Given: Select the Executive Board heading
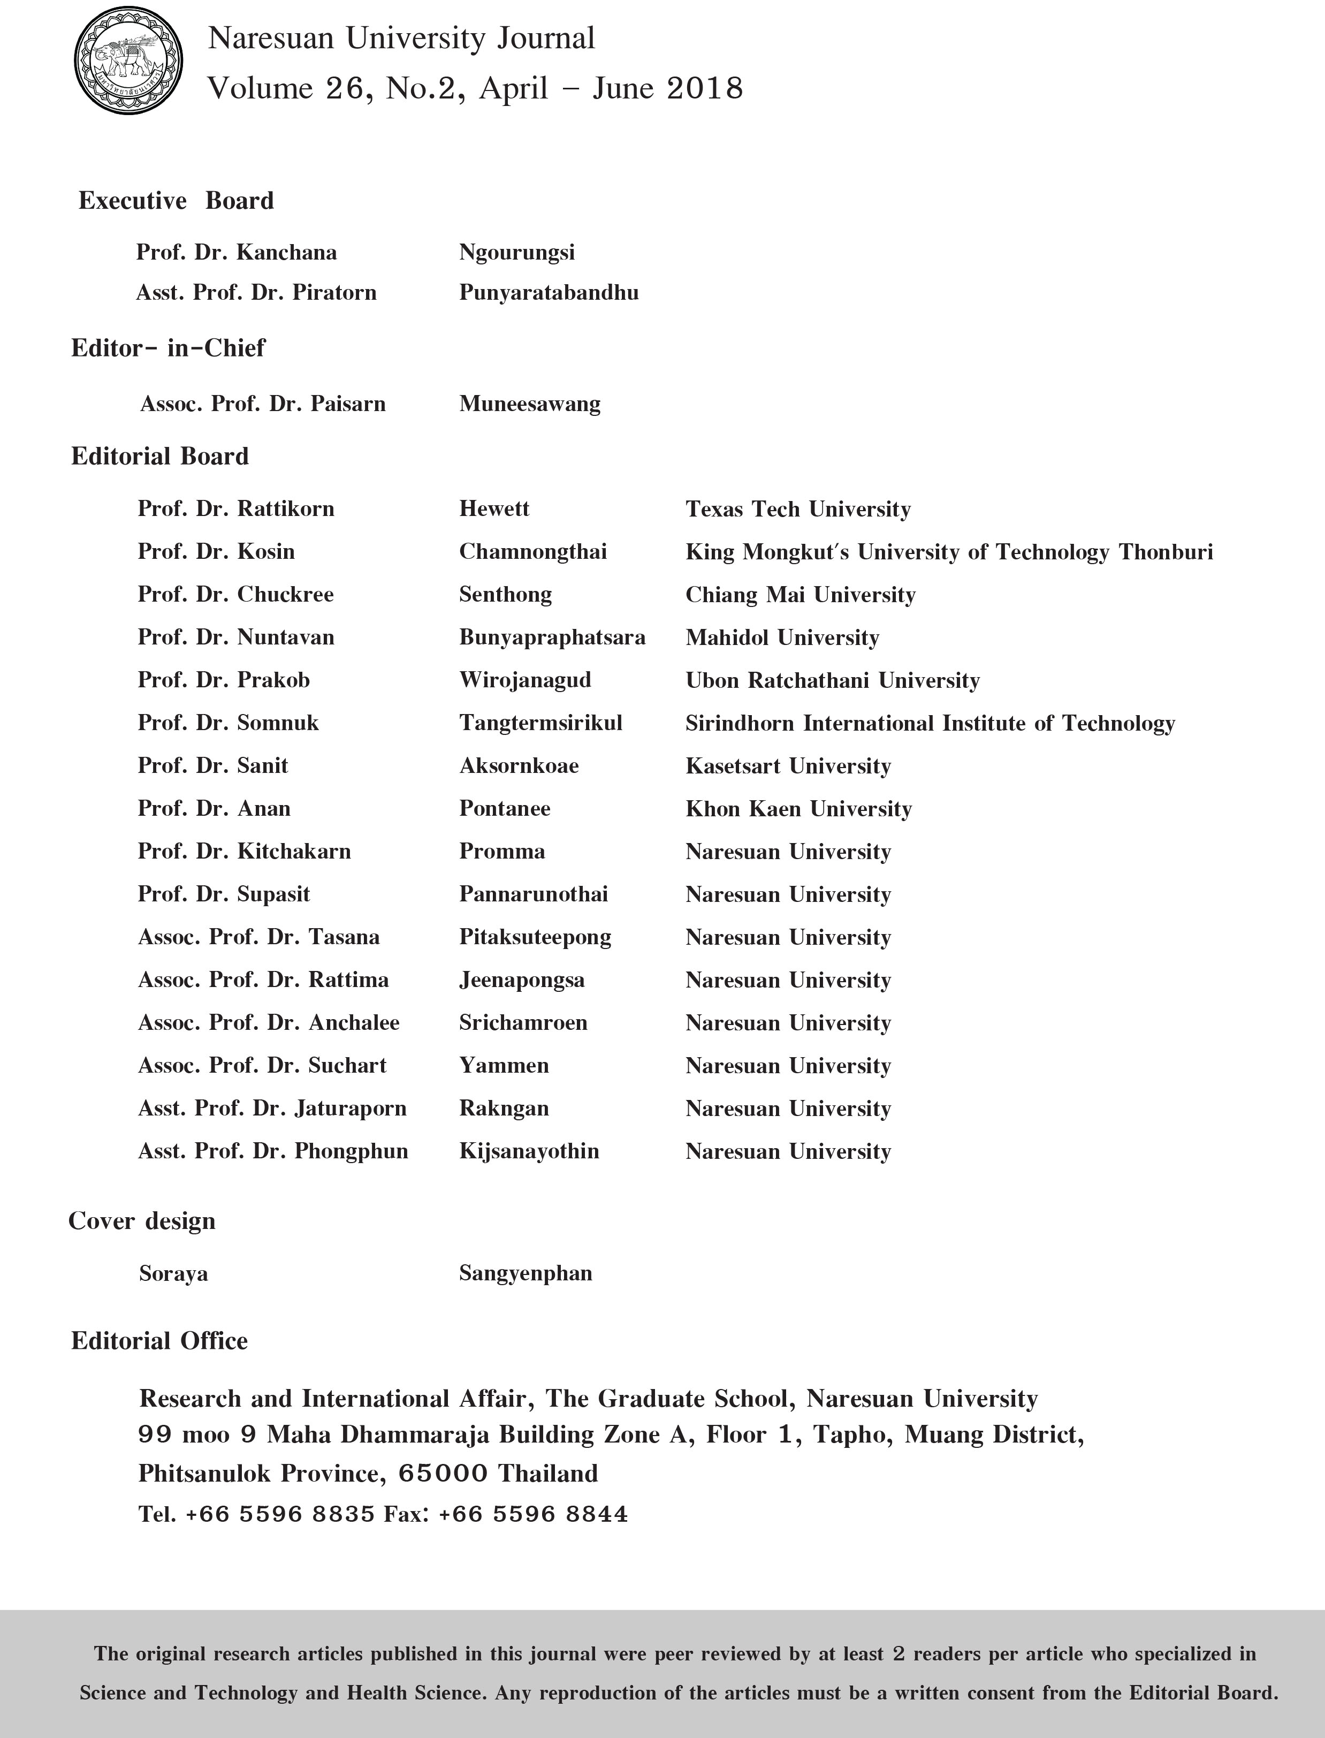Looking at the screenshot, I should [x=176, y=200].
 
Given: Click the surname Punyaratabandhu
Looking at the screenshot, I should [x=549, y=293].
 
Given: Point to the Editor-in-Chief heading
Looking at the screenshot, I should [x=168, y=348].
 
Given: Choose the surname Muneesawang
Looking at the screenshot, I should [x=530, y=404].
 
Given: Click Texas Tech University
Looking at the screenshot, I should [x=798, y=509].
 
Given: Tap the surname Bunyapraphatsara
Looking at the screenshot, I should [x=552, y=637].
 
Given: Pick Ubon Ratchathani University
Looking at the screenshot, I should [x=832, y=680].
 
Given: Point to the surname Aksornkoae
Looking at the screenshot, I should [x=519, y=766].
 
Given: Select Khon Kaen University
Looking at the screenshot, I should [x=798, y=809].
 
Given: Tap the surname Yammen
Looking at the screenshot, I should [x=504, y=1066].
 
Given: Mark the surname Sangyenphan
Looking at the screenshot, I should [x=526, y=1273].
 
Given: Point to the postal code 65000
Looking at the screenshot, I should [x=443, y=1473].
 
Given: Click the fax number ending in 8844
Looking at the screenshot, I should [x=533, y=1514].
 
